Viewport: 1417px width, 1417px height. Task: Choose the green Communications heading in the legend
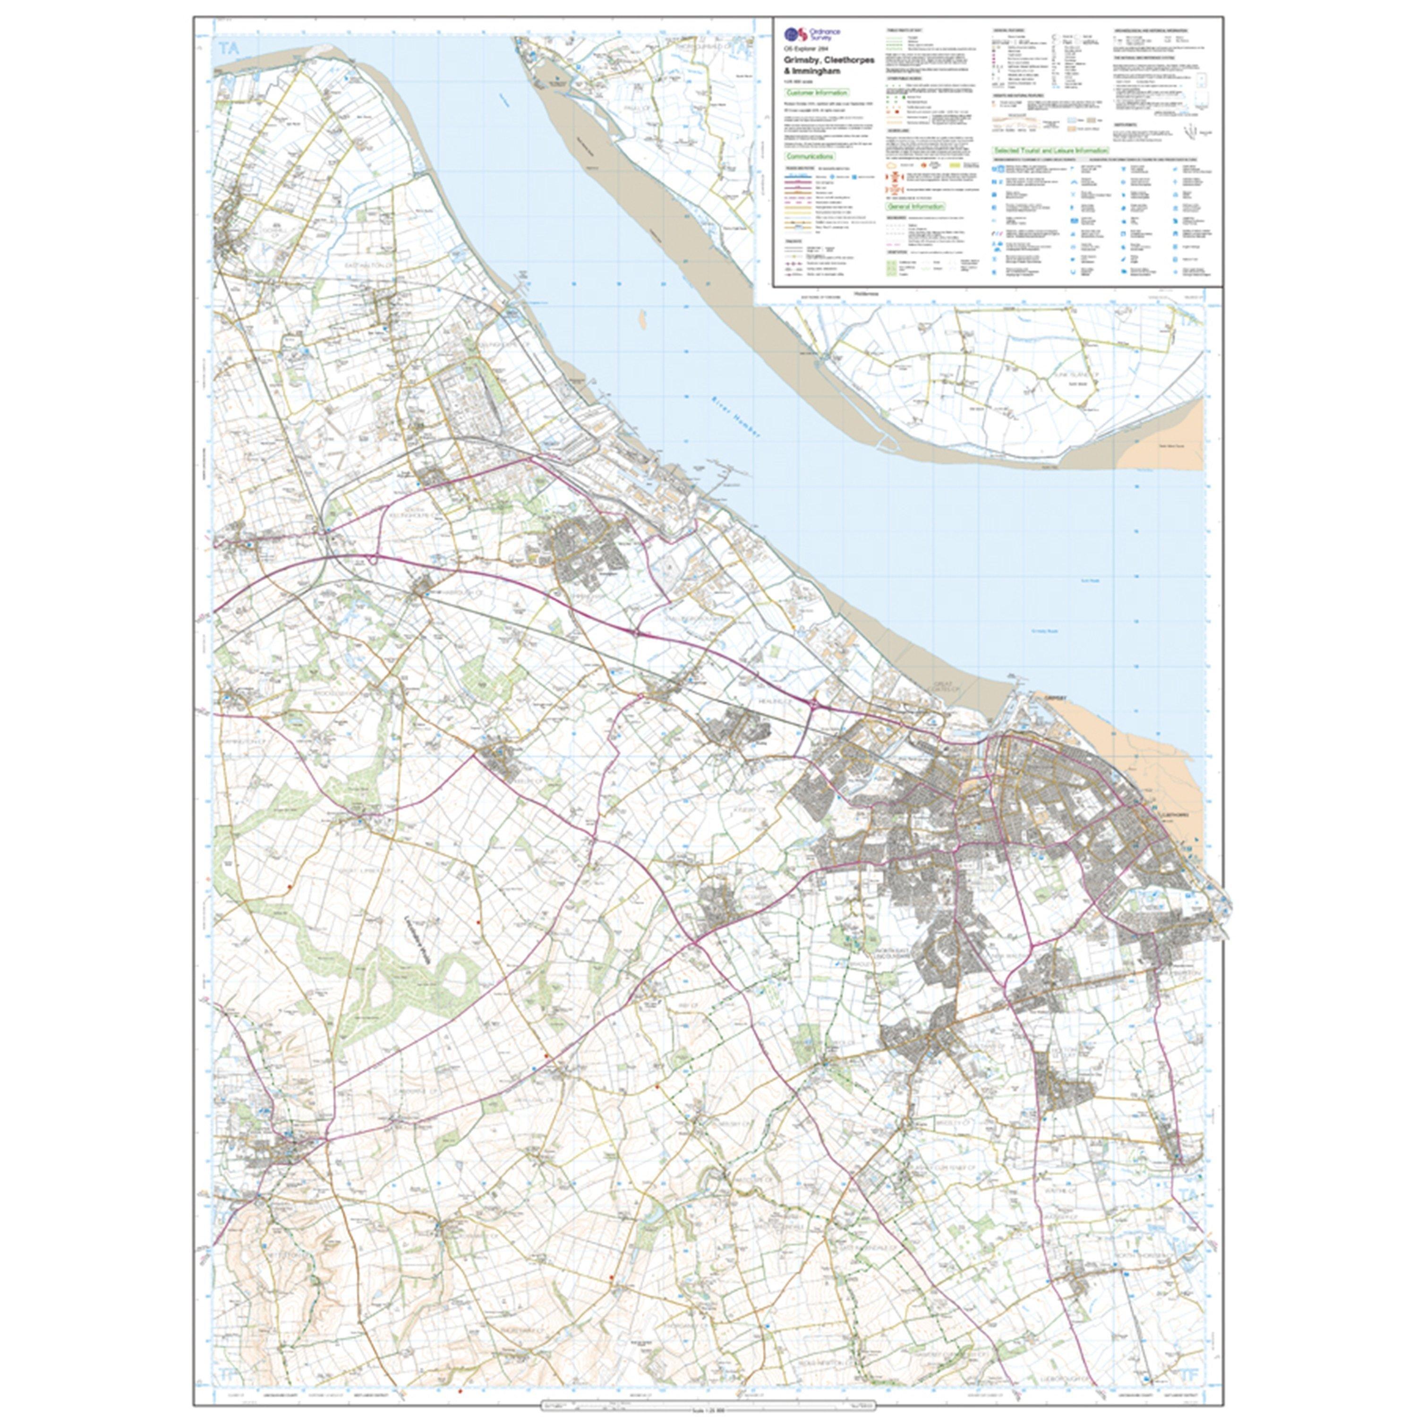tap(810, 156)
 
